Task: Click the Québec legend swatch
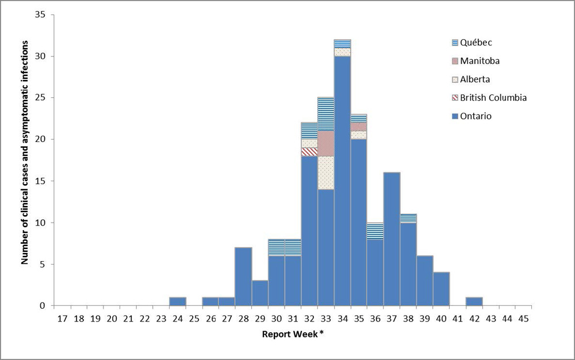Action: pyautogui.click(x=455, y=43)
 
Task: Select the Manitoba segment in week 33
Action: pyautogui.click(x=325, y=143)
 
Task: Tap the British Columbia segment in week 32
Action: pyautogui.click(x=309, y=152)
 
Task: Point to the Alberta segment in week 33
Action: pyautogui.click(x=325, y=173)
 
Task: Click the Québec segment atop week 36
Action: pyautogui.click(x=375, y=231)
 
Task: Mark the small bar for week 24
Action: pyautogui.click(x=178, y=301)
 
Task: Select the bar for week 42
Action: pyautogui.click(x=474, y=301)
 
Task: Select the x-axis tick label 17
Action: pyautogui.click(x=62, y=317)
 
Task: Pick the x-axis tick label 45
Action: pyautogui.click(x=523, y=317)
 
